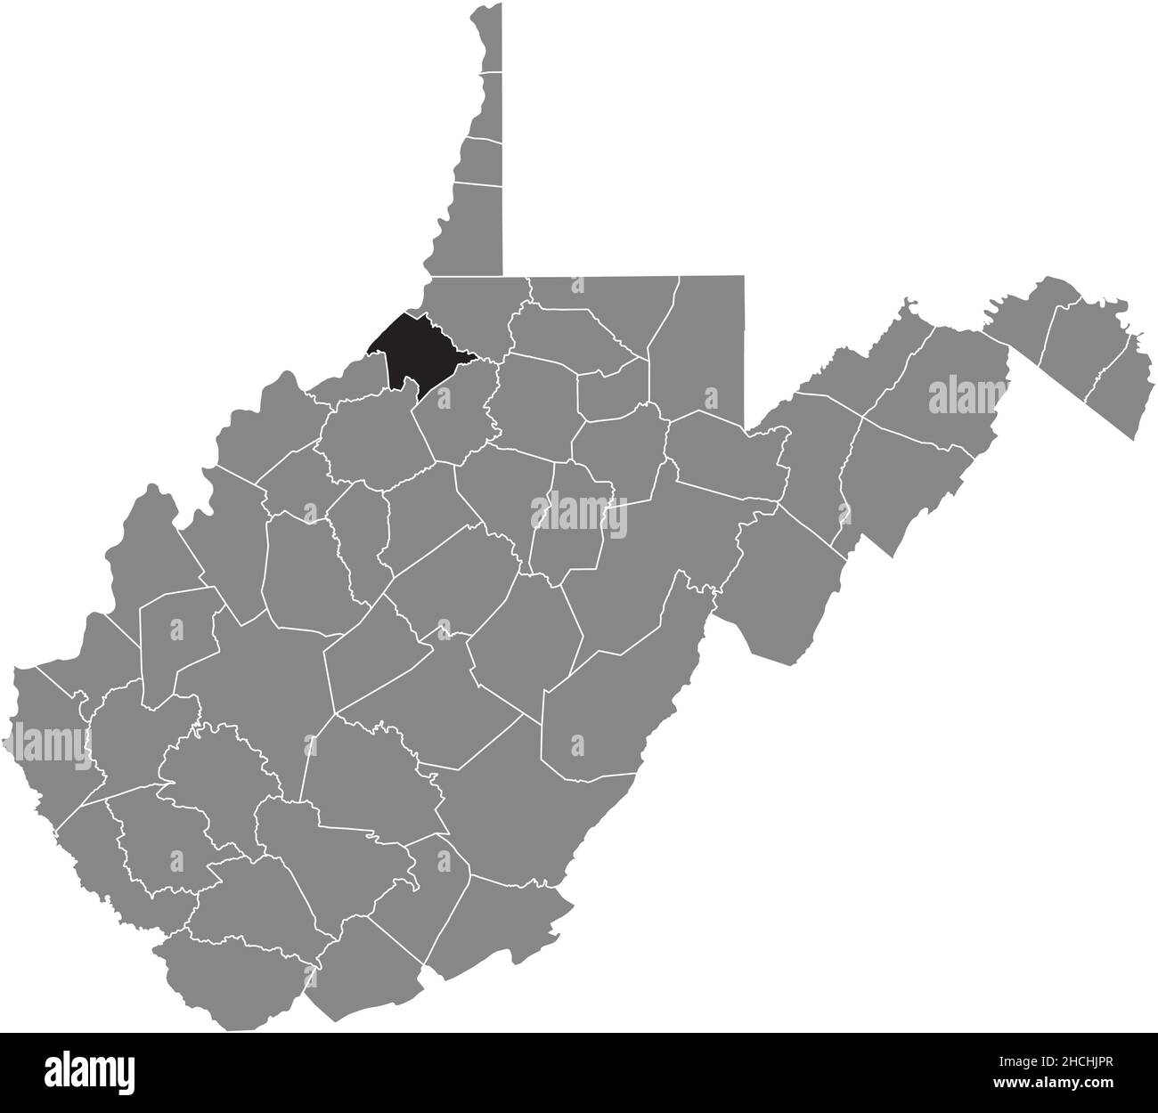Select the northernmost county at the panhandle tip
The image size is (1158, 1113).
point(486,36)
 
